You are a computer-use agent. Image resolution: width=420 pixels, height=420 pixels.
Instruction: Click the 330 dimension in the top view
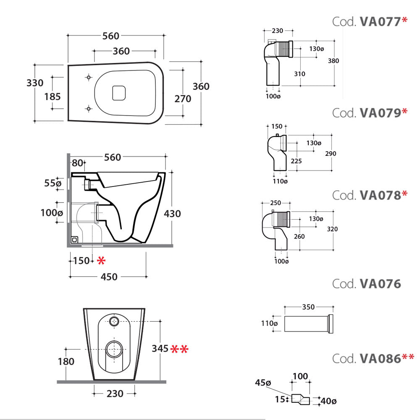point(35,83)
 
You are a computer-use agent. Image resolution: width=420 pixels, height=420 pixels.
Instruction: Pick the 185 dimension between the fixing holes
point(52,97)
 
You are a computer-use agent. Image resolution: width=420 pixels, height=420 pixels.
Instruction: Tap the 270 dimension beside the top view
point(183,99)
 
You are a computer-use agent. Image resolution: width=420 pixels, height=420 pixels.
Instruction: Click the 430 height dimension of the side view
point(172,213)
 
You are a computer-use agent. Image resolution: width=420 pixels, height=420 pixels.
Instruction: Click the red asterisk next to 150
point(101,261)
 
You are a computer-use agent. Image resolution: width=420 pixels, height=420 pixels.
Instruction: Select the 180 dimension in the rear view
point(66,362)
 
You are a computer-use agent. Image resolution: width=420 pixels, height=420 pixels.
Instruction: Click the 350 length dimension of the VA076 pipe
point(308,307)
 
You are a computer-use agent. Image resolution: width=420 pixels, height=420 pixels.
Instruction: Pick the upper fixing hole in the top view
point(89,77)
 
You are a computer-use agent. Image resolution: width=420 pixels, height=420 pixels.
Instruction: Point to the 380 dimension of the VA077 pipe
point(333,60)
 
